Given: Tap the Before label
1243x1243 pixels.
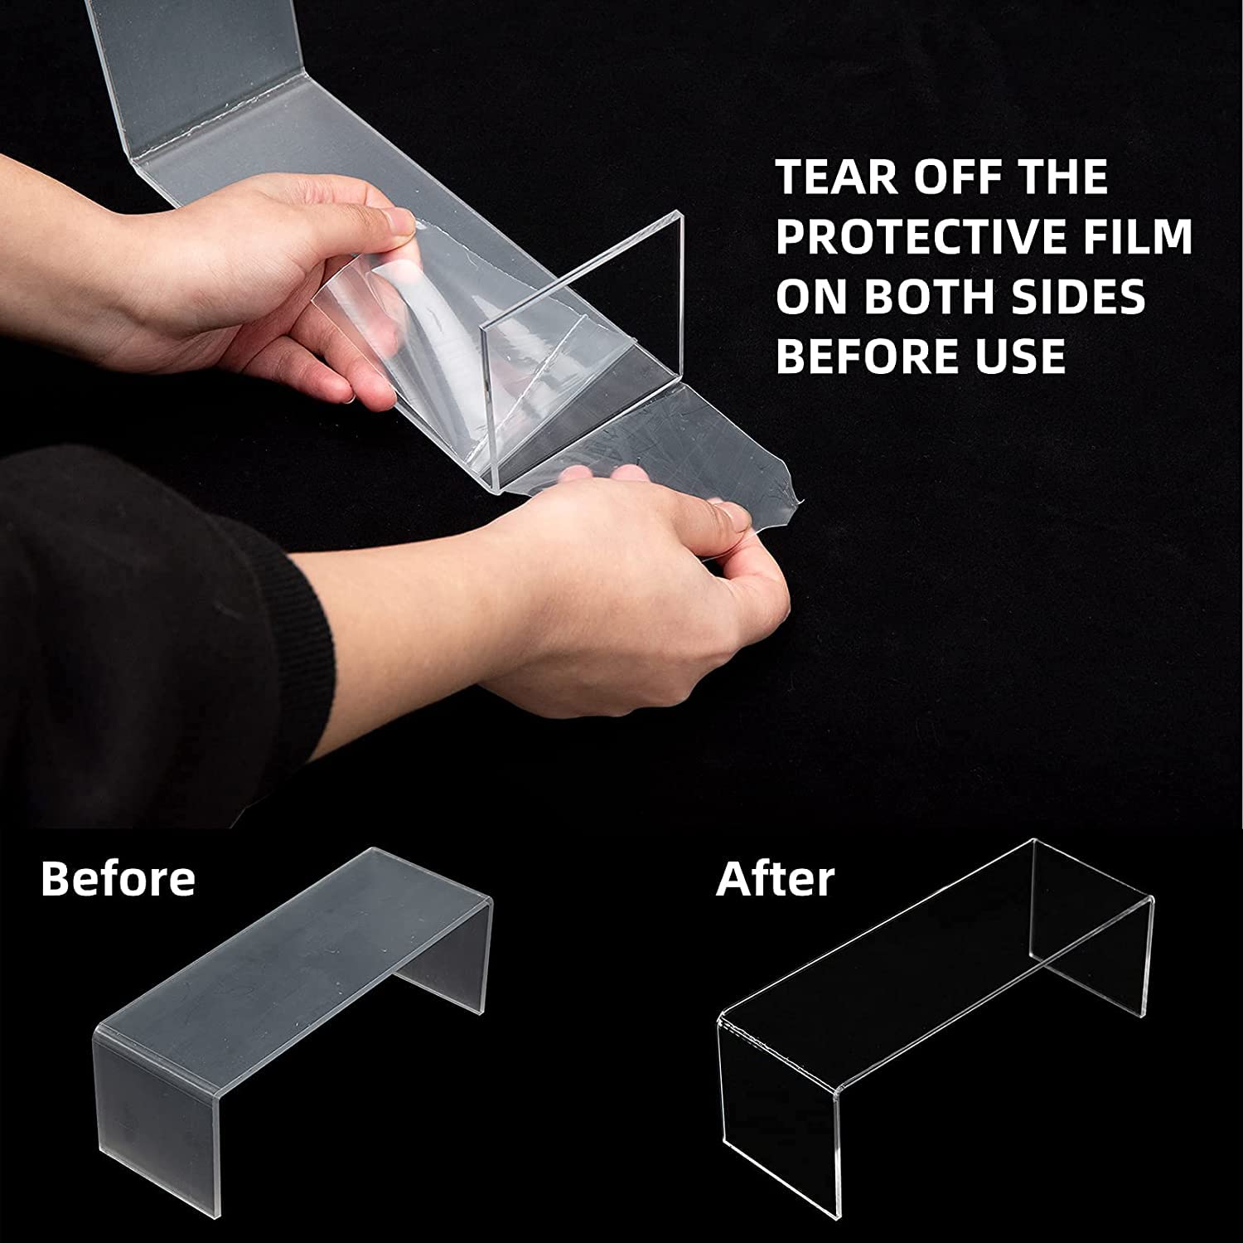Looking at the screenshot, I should (118, 878).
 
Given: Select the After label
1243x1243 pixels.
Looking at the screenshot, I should (775, 879).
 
